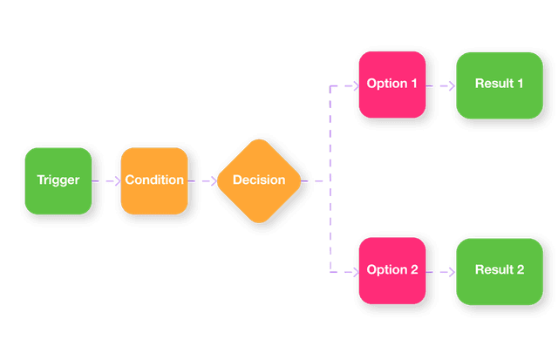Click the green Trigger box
pyautogui.click(x=58, y=181)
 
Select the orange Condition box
pyautogui.click(x=154, y=181)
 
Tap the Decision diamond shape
pyautogui.click(x=258, y=181)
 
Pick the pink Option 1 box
pyautogui.click(x=391, y=85)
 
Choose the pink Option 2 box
pyautogui.click(x=391, y=270)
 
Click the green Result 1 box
pyautogui.click(x=499, y=85)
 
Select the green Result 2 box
pyautogui.click(x=499, y=270)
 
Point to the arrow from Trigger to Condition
pyautogui.click(x=105, y=181)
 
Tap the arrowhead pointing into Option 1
pyautogui.click(x=353, y=85)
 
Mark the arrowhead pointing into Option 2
pyautogui.click(x=353, y=271)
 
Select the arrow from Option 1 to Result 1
pyautogui.click(x=440, y=85)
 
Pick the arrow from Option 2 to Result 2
pyautogui.click(x=440, y=271)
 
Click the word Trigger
pyautogui.click(x=58, y=181)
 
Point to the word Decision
pyautogui.click(x=259, y=181)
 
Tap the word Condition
pyautogui.click(x=154, y=181)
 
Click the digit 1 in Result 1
pyautogui.click(x=521, y=85)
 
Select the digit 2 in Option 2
pyautogui.click(x=413, y=270)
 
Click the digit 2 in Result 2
pyautogui.click(x=521, y=270)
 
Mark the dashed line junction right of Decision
pyautogui.click(x=330, y=181)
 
